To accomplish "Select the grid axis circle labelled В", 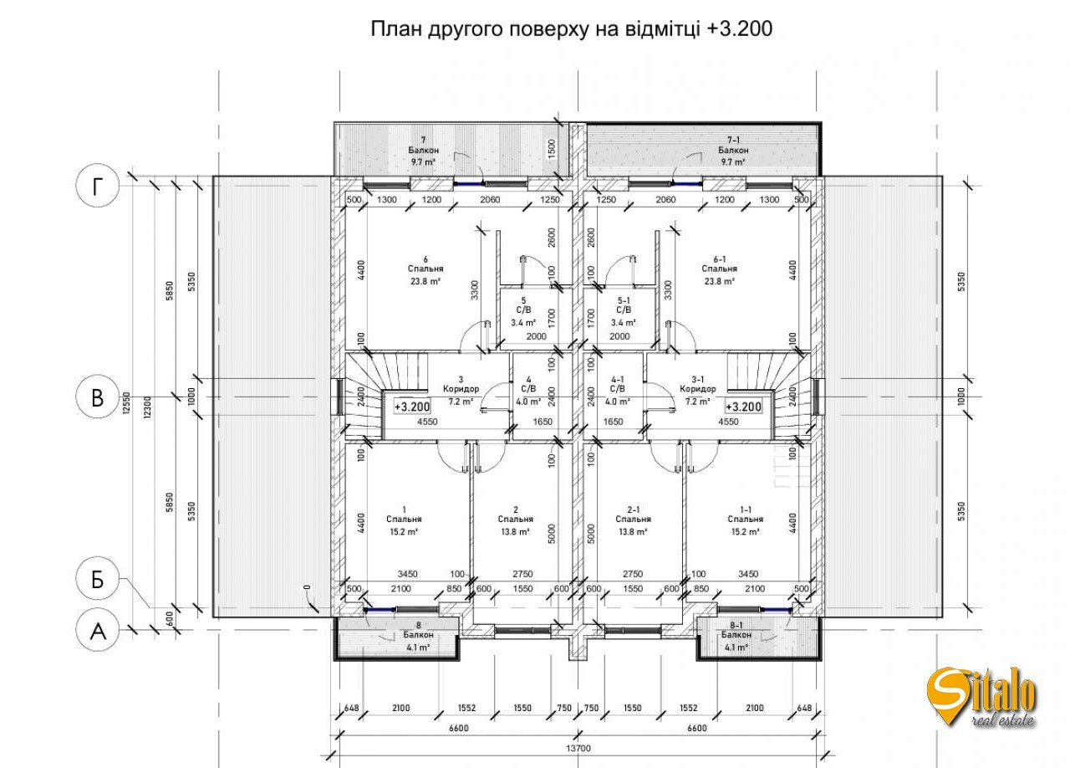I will (x=98, y=397).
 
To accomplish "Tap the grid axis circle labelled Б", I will (x=98, y=580).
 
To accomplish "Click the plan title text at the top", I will (x=572, y=30).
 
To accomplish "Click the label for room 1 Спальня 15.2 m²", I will (x=404, y=520).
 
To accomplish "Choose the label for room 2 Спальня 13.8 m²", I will (x=516, y=520).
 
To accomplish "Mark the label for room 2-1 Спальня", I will (x=634, y=520).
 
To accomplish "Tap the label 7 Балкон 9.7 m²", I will (x=424, y=151).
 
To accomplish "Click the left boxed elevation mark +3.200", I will (x=412, y=407).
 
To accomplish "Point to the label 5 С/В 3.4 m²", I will (x=523, y=310).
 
